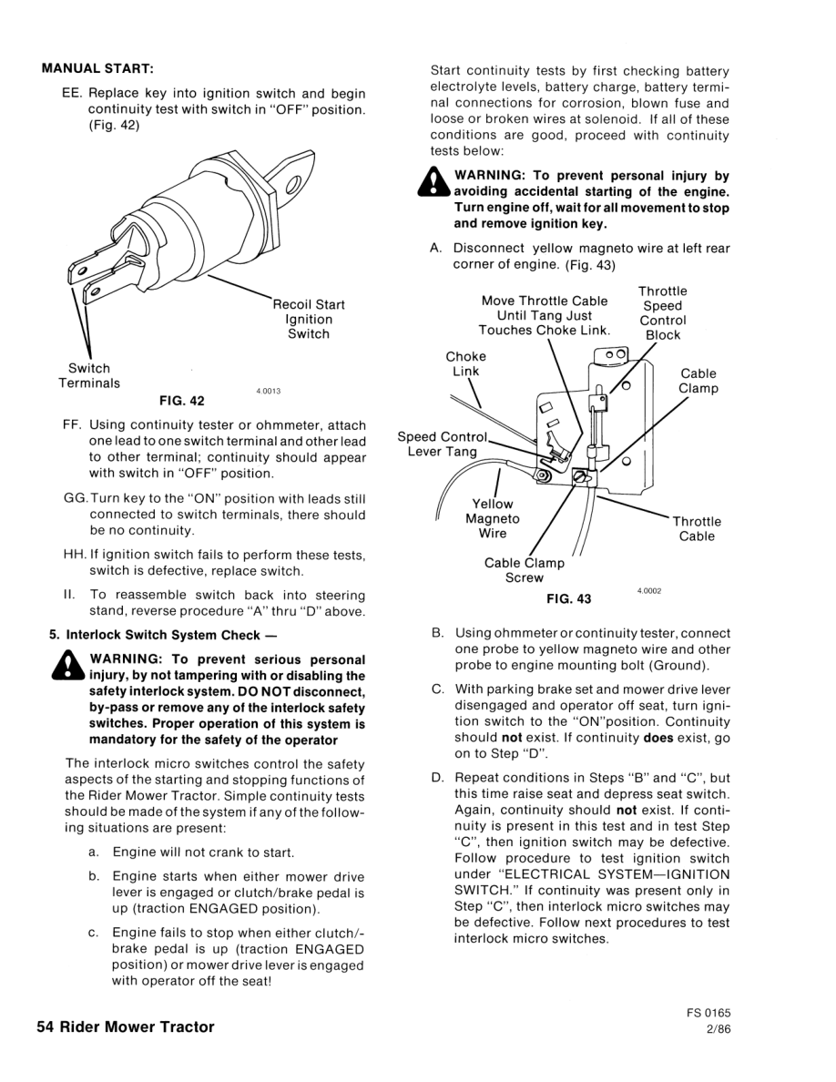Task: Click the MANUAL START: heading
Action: coord(97,68)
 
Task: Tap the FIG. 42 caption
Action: coord(182,401)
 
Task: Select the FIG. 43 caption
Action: coord(568,598)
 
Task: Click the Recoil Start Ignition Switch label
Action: coord(309,319)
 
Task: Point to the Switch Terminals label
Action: coord(89,376)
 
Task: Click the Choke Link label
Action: coord(465,363)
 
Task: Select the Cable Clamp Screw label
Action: coord(524,570)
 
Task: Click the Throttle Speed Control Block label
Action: coord(663,313)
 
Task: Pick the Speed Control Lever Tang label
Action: coord(442,444)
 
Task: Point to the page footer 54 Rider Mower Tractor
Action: coord(126,1027)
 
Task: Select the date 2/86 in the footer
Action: coord(717,1029)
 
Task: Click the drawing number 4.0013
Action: coord(268,391)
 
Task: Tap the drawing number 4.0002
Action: coord(649,590)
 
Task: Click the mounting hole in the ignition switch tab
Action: coord(295,187)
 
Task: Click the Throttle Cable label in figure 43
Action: coord(697,528)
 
